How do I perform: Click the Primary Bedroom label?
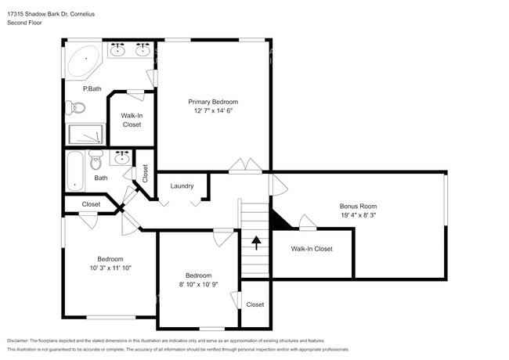212,102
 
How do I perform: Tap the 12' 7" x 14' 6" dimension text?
212,111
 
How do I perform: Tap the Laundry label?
182,185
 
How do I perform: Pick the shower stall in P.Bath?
86,134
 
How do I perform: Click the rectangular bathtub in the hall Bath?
74,171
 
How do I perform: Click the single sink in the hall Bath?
122,159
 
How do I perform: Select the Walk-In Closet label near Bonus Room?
312,249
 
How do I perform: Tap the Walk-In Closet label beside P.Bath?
131,120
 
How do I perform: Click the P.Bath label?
92,89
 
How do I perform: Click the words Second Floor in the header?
24,23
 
